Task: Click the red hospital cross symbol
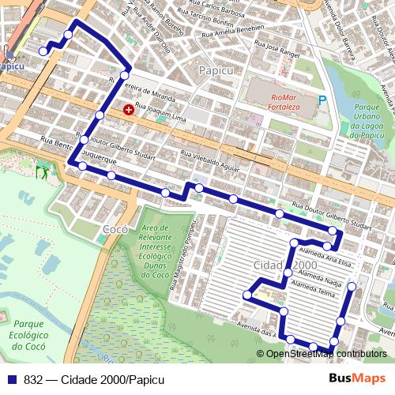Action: (x=129, y=109)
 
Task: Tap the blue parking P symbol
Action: (x=322, y=100)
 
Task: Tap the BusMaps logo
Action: (x=358, y=378)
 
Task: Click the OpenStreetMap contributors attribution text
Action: (x=326, y=354)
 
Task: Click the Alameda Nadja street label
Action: (x=316, y=281)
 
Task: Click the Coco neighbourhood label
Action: (x=115, y=230)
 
